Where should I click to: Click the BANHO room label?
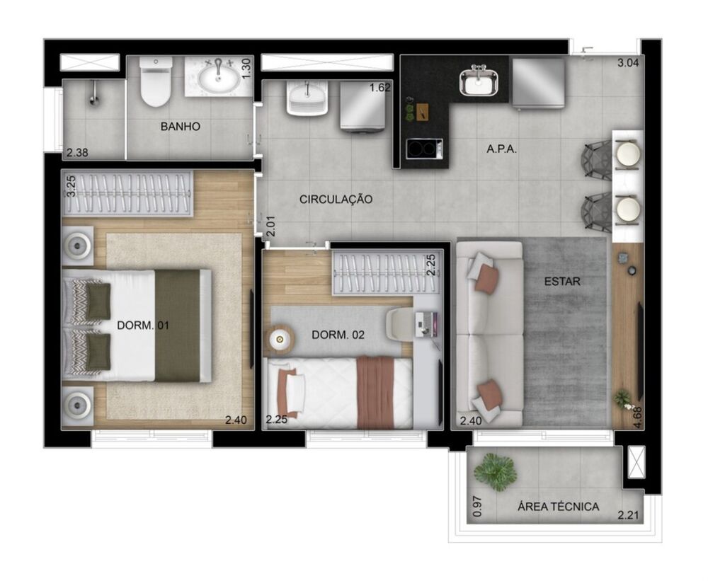tap(180, 127)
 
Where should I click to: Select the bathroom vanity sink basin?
tap(218, 78)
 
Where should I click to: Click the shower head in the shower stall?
tap(93, 98)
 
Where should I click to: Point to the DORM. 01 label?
tap(142, 326)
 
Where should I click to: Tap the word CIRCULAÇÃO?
tap(336, 200)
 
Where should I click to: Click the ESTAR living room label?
tap(562, 282)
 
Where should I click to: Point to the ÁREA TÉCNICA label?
tap(558, 507)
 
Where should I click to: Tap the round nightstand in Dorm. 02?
tap(280, 338)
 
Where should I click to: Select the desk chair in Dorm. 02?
tap(401, 324)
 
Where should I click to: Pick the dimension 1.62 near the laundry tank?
tap(381, 88)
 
